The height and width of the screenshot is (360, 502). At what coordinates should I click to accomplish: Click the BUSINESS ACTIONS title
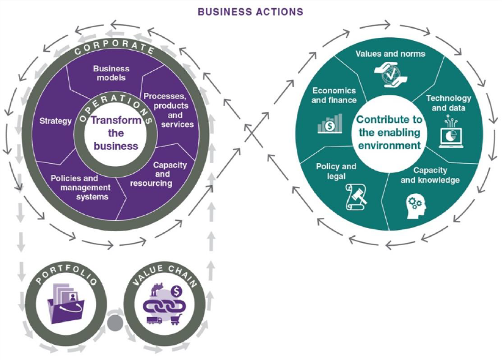pos(250,11)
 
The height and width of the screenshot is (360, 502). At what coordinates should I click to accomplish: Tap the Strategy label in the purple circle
pos(56,121)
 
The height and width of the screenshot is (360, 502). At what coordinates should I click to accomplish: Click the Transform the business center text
pos(114,133)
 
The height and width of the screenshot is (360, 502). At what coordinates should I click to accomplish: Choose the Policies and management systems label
pos(80,187)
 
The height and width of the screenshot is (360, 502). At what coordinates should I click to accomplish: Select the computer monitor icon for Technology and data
pos(449,129)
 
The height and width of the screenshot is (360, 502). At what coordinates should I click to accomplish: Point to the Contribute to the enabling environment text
pos(388,132)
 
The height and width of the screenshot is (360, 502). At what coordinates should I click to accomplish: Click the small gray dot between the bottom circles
pos(114,323)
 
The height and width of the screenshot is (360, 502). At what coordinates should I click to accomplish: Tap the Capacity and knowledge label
pos(430,175)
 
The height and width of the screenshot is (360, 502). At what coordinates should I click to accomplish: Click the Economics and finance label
pos(334,95)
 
